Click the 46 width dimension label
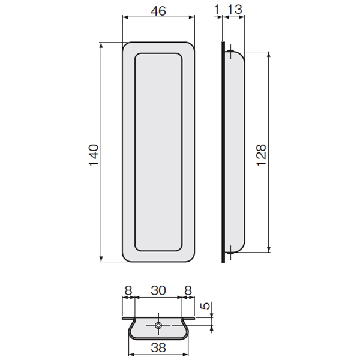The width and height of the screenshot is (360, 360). pos(158,11)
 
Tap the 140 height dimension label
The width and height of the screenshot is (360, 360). pos(94,155)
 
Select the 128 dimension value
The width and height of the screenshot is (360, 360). pos(261,155)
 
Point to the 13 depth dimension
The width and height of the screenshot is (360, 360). pos(235,10)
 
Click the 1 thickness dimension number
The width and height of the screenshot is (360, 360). pos(217,10)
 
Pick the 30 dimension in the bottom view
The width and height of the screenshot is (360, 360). pos(158,290)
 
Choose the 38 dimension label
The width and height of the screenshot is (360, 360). pos(158,347)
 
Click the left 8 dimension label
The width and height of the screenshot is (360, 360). pos(128,290)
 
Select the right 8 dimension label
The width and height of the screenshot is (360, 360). pos(188,290)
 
